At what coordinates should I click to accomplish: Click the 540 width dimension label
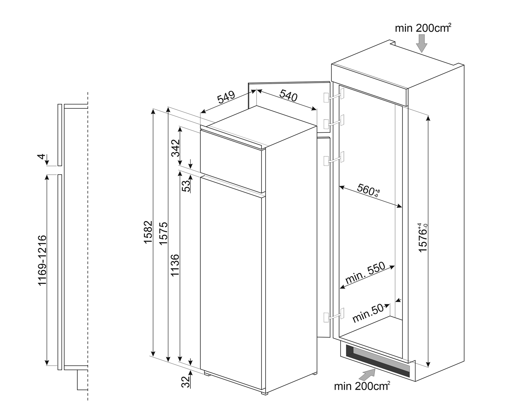(288, 96)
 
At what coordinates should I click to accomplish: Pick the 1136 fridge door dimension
(175, 265)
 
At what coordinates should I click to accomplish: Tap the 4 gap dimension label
(42, 157)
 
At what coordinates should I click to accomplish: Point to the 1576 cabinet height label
(423, 238)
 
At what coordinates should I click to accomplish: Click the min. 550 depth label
(365, 273)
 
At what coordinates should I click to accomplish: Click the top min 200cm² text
(423, 28)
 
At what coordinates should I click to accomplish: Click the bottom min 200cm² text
(362, 386)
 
